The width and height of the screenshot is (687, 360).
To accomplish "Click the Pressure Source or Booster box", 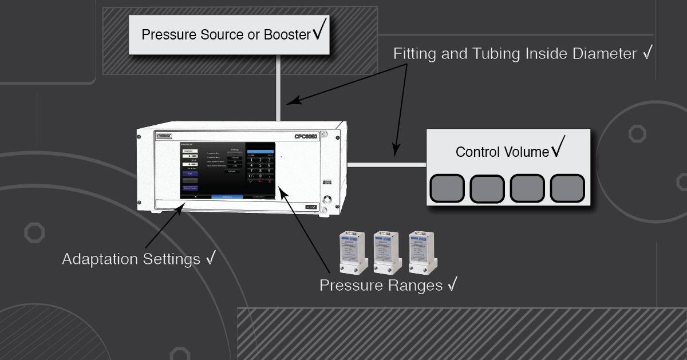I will (x=229, y=34).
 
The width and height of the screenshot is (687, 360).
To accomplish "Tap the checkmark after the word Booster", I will (x=319, y=32).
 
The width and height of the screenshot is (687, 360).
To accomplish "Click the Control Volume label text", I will (x=502, y=152).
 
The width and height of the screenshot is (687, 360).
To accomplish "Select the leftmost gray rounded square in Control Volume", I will (x=447, y=189).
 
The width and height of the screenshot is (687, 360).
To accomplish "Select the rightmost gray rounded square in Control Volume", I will (x=567, y=189).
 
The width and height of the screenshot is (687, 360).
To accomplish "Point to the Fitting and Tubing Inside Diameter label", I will (x=515, y=54).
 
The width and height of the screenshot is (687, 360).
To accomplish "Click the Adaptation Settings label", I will (x=132, y=259).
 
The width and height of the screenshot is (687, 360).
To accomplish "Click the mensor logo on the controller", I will (x=164, y=135).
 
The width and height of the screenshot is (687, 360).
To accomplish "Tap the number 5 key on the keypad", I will (x=261, y=165).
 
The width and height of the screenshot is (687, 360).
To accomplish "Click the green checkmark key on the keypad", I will (x=250, y=182).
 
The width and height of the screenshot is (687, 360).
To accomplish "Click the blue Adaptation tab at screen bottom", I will (x=227, y=196).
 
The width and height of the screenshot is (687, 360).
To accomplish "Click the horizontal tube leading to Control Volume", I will (x=387, y=165).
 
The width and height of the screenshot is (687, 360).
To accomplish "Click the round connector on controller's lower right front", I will (x=327, y=200).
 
